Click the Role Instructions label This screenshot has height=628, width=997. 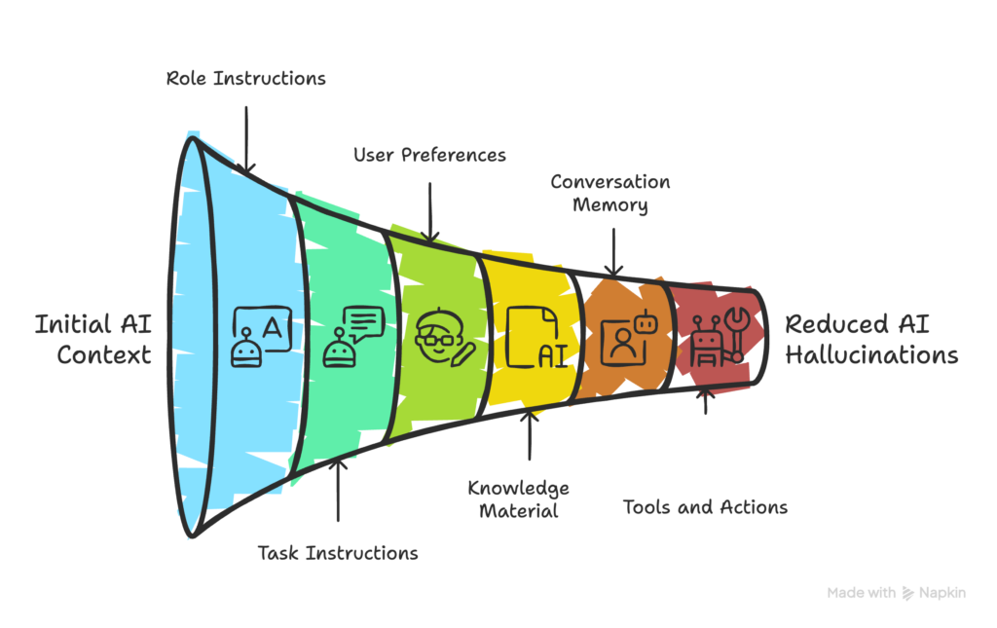tap(244, 79)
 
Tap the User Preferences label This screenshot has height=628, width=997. tap(429, 155)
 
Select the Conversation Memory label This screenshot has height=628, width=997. tap(609, 193)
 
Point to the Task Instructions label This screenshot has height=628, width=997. tap(338, 553)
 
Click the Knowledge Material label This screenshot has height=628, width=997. tap(518, 499)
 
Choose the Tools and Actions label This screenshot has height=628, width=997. tap(705, 507)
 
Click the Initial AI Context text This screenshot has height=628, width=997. tap(93, 338)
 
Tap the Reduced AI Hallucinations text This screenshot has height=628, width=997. tap(871, 339)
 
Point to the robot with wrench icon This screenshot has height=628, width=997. tap(720, 337)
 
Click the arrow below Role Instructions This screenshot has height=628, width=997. tap(246, 136)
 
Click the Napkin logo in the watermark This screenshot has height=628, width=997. tap(908, 592)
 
